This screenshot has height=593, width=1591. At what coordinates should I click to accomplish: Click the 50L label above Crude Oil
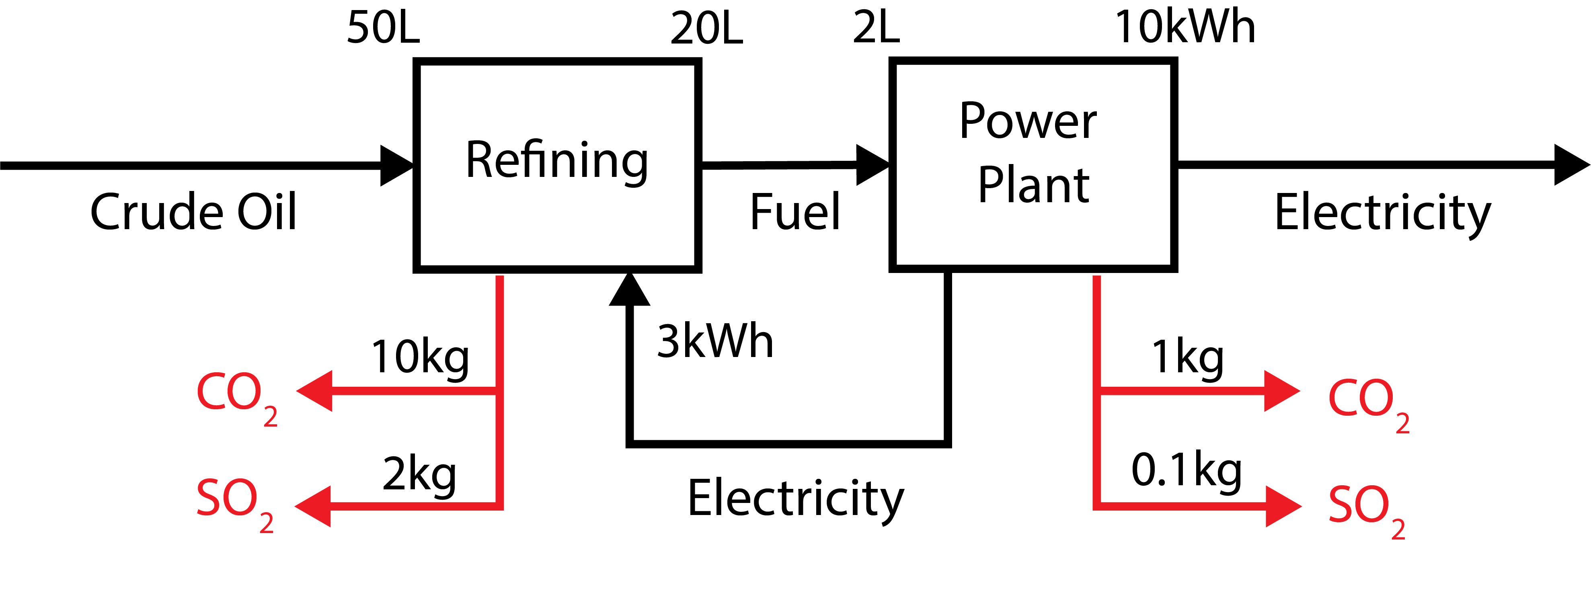pyautogui.click(x=383, y=29)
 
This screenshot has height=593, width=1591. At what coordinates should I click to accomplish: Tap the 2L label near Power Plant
pyautogui.click(x=876, y=29)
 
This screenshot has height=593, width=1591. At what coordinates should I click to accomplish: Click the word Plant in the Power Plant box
pyautogui.click(x=1033, y=185)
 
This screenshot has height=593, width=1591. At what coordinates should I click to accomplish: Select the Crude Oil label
pyautogui.click(x=193, y=212)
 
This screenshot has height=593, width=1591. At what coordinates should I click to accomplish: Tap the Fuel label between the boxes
pyautogui.click(x=795, y=212)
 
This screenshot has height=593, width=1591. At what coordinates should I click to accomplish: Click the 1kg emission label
pyautogui.click(x=1187, y=358)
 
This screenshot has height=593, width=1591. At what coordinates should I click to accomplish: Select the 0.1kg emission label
pyautogui.click(x=1186, y=471)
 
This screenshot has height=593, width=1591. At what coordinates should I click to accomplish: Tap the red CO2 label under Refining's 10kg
pyautogui.click(x=236, y=395)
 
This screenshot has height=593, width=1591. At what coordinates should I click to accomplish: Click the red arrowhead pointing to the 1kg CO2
pyautogui.click(x=1281, y=391)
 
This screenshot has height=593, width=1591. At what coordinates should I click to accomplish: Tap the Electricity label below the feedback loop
pyautogui.click(x=795, y=499)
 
